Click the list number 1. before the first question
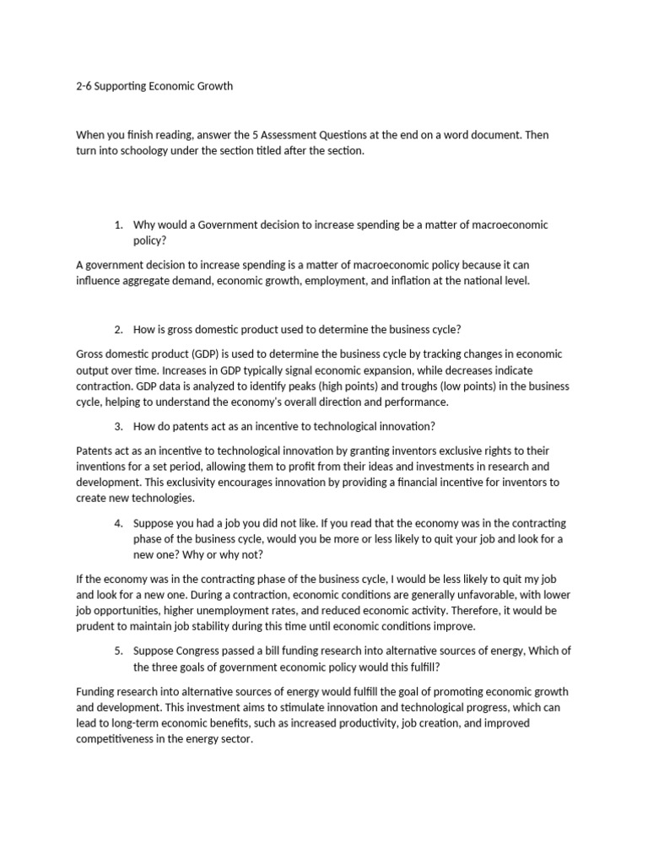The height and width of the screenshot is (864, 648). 118,224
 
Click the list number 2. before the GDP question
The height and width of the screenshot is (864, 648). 118,329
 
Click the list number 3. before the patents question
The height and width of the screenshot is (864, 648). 118,425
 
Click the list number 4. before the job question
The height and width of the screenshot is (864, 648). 118,523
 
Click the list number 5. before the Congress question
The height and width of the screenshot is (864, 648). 118,651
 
